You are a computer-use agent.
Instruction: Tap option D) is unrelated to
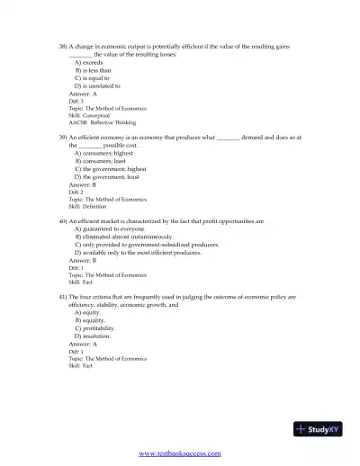[x=96, y=85]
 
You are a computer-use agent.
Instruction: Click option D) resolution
[x=91, y=336]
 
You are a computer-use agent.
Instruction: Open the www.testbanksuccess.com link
[x=179, y=454]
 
